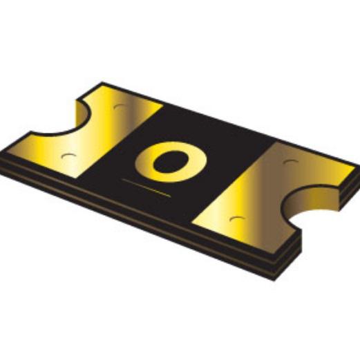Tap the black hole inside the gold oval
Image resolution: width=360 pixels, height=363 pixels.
point(167,161)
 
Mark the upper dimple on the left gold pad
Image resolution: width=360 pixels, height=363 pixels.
point(120,107)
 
